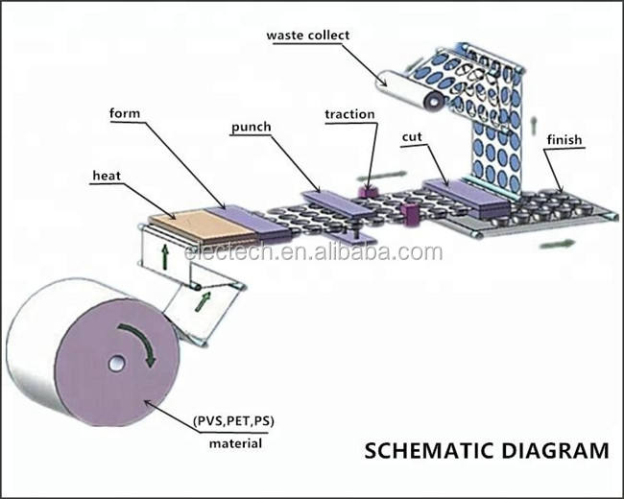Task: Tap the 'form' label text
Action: click(125, 113)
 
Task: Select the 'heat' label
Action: click(106, 176)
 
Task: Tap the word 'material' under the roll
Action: click(235, 443)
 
